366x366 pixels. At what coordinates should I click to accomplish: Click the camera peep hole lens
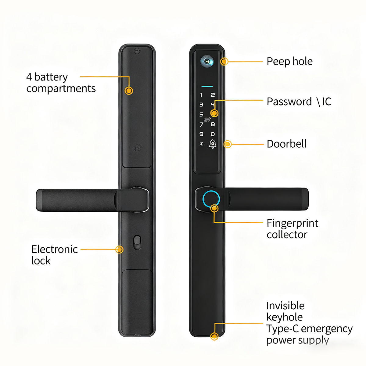[x=207, y=61]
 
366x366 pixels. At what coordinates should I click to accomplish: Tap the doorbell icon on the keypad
[x=213, y=144]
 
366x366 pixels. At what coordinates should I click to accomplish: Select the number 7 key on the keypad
[x=201, y=124]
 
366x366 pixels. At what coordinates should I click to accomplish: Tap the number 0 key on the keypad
[x=213, y=134]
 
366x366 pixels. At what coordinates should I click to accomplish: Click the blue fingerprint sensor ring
[x=211, y=199]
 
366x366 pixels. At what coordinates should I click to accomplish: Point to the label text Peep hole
[x=289, y=61]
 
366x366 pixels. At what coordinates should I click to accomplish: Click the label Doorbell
[x=286, y=144]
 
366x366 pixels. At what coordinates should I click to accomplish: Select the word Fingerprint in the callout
[x=292, y=223]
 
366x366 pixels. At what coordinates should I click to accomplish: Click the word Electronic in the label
[x=54, y=249]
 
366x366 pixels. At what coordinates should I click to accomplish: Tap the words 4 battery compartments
[x=60, y=82]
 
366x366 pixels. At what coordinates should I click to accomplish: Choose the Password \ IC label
[x=299, y=102]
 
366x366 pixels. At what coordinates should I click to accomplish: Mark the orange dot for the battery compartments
[x=129, y=91]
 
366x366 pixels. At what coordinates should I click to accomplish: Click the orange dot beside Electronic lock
[x=120, y=249]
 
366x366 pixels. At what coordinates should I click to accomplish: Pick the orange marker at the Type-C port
[x=214, y=336]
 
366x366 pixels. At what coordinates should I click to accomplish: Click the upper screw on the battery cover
[x=137, y=51]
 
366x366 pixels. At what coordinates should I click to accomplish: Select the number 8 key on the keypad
[x=213, y=124]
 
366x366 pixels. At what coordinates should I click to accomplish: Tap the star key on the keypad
[x=201, y=144]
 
